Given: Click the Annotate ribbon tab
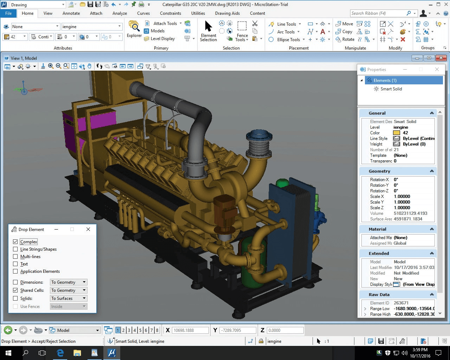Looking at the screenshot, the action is coord(71,13).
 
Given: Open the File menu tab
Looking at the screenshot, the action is coord(8,13).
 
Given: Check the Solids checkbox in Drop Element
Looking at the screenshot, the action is coord(15,298).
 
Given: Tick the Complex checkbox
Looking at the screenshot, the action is coord(15,242).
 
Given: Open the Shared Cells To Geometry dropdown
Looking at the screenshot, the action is coord(68,290).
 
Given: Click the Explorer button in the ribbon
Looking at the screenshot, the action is coord(134,29).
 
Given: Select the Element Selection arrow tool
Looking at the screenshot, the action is coord(208,31).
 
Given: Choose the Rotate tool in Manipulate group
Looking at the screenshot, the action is coord(345,39).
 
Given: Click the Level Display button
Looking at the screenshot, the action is coord(160,39).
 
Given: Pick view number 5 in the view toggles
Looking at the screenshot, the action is coord(140,330).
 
